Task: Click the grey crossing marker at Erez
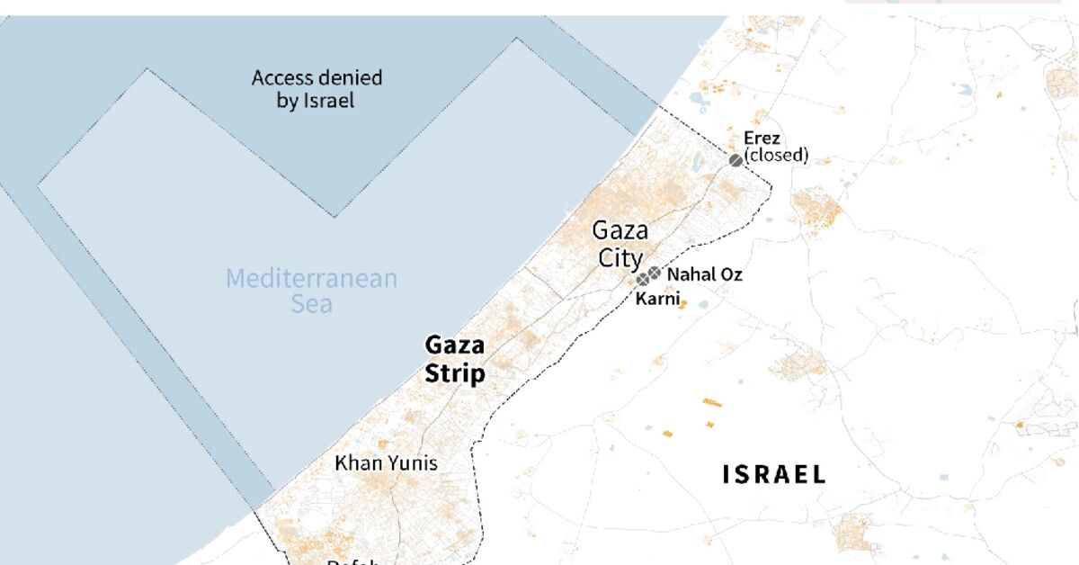(736, 160)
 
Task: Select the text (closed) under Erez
(776, 156)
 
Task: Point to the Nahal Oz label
(705, 274)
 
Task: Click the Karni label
(657, 299)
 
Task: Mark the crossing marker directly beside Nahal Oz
(655, 273)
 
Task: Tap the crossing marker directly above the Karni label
(643, 280)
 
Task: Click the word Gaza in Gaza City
(620, 231)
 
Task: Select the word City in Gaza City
(620, 259)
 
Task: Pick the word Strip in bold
(455, 373)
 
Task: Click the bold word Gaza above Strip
(455, 345)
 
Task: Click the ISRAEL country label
(774, 475)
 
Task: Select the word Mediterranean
(311, 278)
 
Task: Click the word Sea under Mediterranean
(311, 304)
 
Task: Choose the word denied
(349, 78)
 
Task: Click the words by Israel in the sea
(316, 101)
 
